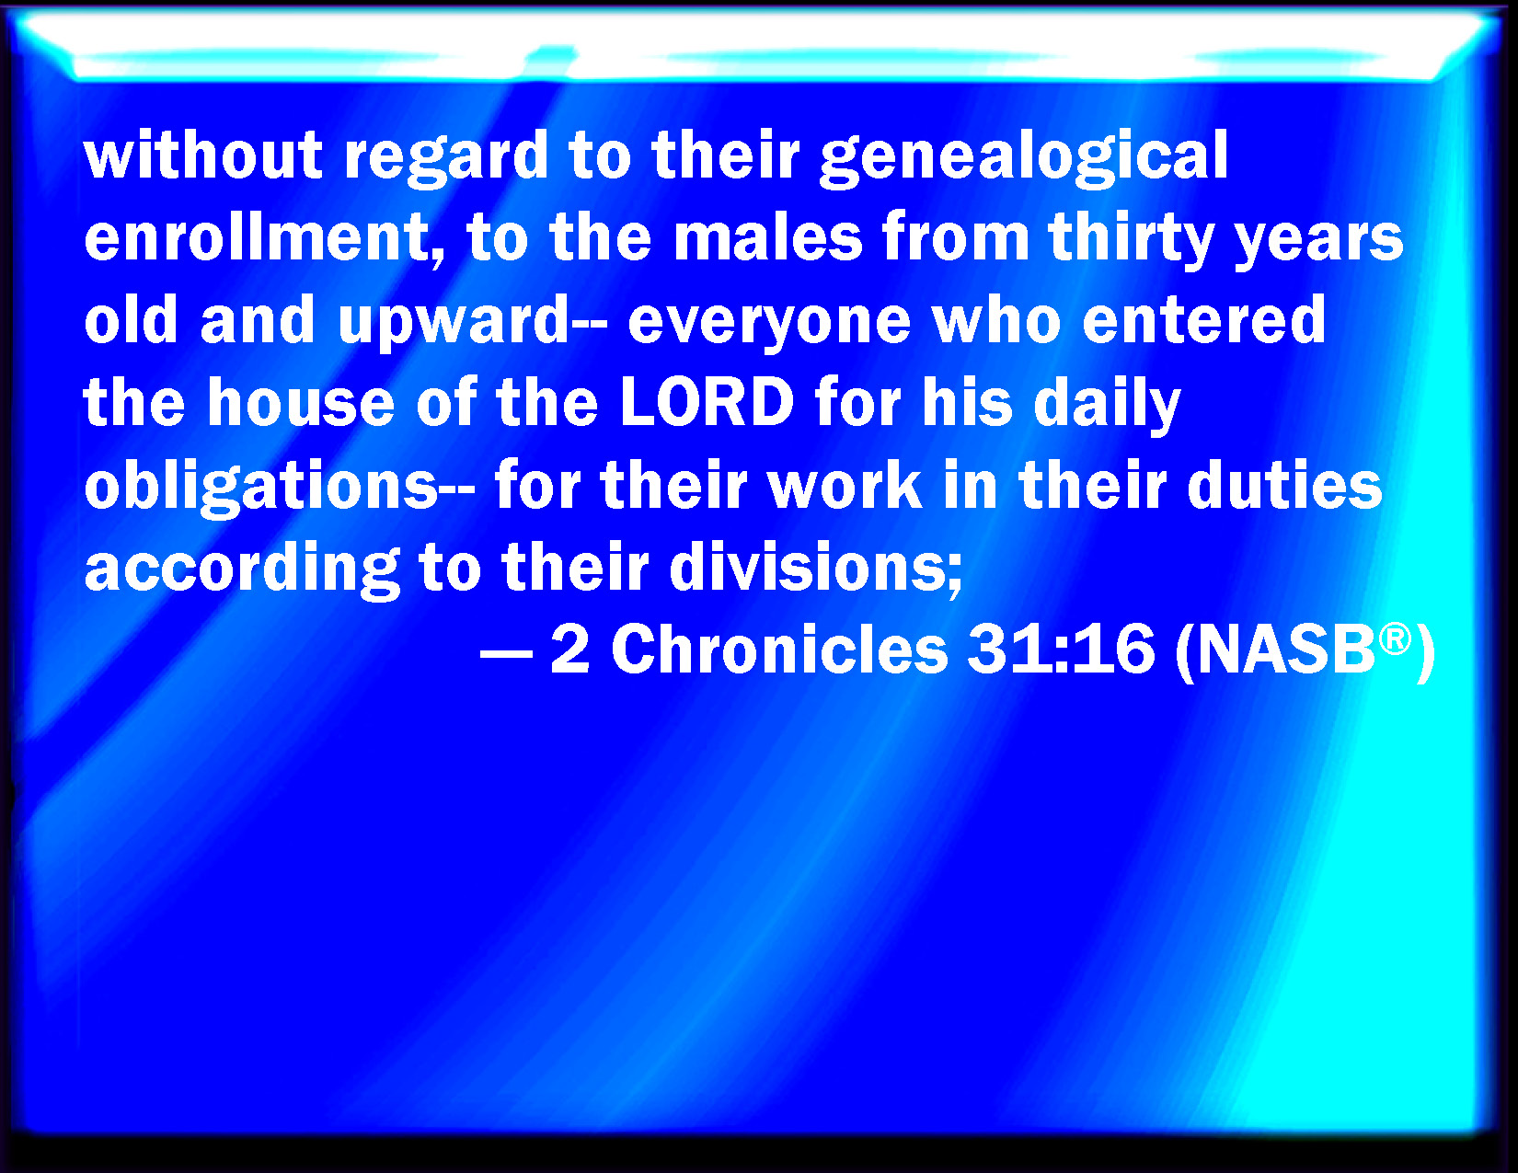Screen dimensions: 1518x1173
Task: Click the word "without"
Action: [203, 155]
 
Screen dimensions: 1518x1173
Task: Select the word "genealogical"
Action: [1023, 158]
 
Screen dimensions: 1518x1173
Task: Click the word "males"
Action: [767, 238]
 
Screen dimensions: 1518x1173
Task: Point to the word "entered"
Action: [1203, 319]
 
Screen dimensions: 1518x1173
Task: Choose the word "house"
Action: [301, 402]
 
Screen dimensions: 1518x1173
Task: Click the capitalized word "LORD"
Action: [707, 402]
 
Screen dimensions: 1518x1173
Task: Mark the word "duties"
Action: [1284, 483]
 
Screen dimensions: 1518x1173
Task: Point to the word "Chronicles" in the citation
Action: [779, 650]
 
